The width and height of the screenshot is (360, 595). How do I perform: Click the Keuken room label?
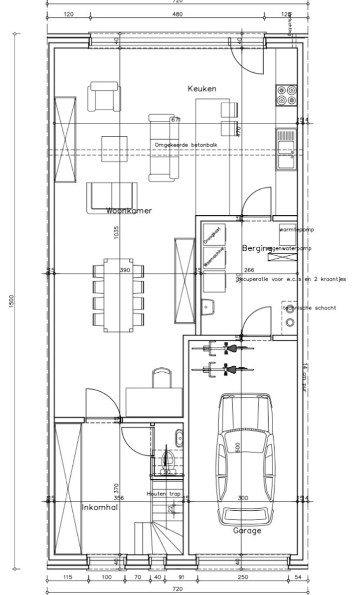coord(202,88)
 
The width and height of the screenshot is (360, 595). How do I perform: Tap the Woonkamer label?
coord(129,211)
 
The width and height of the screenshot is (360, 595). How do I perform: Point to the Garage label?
coord(247,531)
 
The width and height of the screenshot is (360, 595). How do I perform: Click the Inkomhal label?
coord(100,507)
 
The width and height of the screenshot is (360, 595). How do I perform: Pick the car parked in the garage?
coord(246,459)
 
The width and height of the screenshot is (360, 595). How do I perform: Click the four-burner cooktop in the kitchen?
coord(286,95)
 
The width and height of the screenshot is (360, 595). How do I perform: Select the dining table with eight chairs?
coord(118,295)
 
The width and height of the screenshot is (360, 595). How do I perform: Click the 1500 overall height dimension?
coord(11,300)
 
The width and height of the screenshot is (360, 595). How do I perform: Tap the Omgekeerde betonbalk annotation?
coord(186,145)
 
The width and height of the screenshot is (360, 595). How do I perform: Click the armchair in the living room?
coord(104,96)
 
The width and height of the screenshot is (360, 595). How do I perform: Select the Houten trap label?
coord(161,494)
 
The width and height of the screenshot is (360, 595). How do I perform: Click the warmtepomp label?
coord(296,230)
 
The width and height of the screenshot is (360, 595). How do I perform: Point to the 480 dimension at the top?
coord(177,14)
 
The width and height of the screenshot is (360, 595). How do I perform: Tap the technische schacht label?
coord(309,308)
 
